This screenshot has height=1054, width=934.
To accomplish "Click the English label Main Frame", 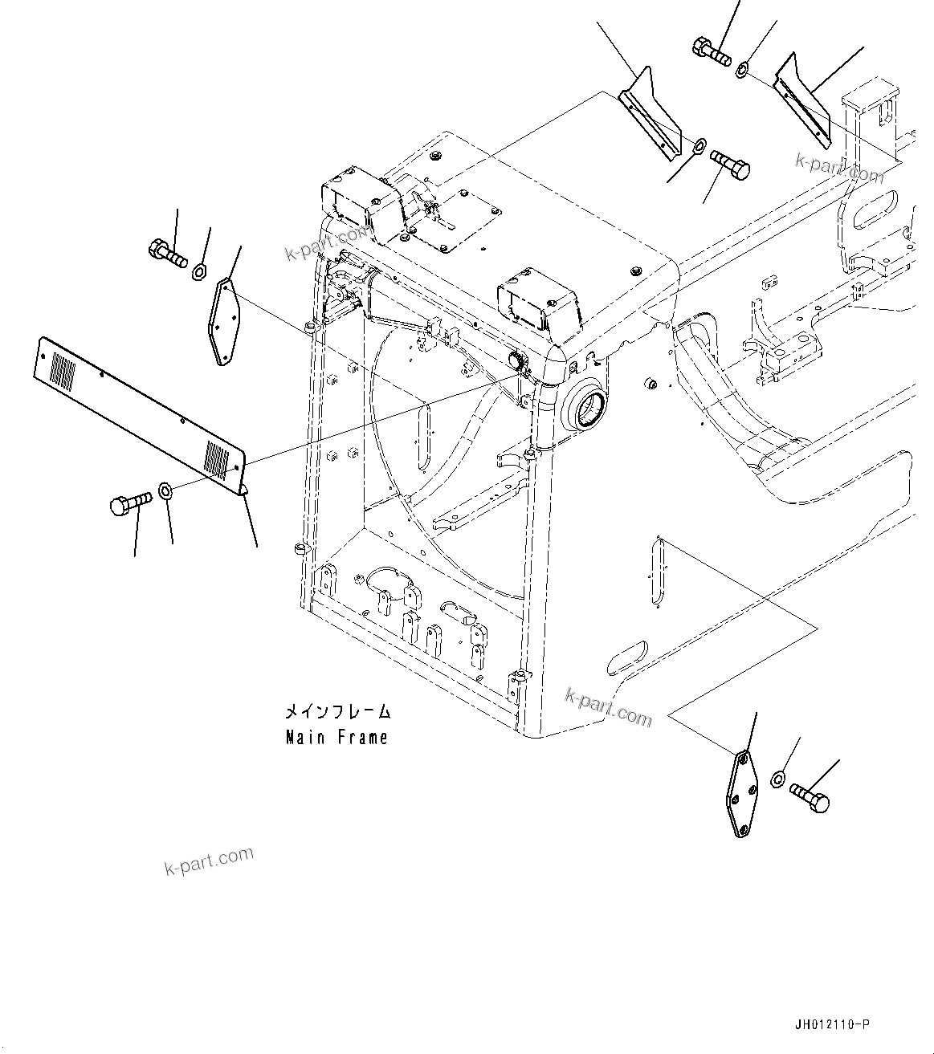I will pos(336,737).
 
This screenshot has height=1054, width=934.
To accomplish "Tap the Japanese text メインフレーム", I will pos(337,711).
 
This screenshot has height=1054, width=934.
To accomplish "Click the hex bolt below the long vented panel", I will pos(128,504).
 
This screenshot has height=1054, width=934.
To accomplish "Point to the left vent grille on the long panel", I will pos(63,372).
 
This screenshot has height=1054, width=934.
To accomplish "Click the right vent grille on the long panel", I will pos(217,458).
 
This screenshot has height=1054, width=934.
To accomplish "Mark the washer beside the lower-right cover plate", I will pos(777,778).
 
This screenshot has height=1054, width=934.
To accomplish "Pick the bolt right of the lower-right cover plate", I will pos(810,798).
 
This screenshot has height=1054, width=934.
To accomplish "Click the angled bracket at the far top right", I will pos(801,100).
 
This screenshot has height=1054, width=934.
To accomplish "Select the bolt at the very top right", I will pos(710,51).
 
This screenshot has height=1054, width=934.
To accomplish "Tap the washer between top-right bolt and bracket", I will pos(743,71).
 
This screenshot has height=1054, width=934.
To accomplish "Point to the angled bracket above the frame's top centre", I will pos(655,116).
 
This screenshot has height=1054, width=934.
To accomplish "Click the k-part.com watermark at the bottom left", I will pos(208,861).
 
